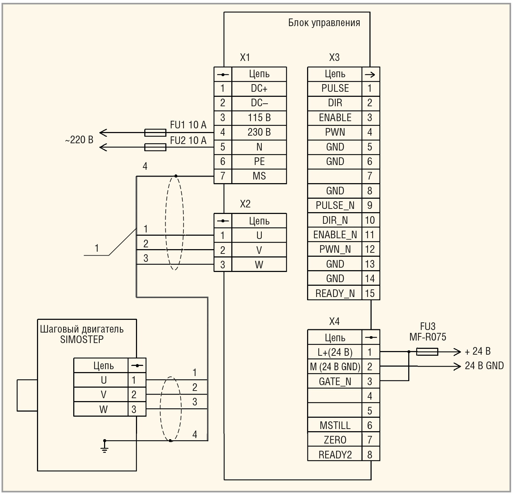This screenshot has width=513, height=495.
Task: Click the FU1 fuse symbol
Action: click(155, 133)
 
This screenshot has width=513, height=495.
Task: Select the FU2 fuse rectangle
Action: click(155, 147)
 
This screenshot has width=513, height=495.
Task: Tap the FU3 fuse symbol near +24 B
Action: click(427, 351)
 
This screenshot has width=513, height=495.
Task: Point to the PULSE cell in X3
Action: click(335, 88)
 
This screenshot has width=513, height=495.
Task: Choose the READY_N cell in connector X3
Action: click(335, 293)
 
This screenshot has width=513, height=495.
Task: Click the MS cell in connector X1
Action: click(259, 176)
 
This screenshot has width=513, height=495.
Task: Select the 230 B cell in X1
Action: click(259, 132)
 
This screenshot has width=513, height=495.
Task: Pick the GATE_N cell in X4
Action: click(335, 381)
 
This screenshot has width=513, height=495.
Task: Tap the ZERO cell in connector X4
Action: click(335, 440)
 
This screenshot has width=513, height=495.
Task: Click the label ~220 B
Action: click(79, 140)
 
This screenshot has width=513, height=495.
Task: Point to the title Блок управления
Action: click(324, 23)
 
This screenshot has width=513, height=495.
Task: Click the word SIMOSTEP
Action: click(82, 340)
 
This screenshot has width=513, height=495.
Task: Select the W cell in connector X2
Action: click(259, 265)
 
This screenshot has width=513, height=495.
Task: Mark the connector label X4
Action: click(334, 321)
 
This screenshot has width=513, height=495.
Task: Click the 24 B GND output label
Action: click(484, 366)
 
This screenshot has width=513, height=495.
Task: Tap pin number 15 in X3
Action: click(370, 293)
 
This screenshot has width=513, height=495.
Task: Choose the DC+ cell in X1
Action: click(259, 88)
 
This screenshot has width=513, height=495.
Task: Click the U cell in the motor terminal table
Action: click(104, 380)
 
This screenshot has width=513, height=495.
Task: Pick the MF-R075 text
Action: click(428, 337)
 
